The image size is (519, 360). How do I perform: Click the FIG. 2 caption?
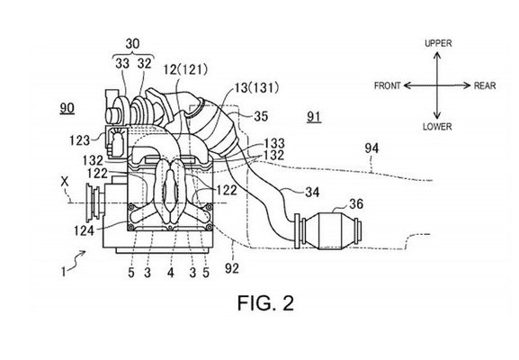pos(265,302)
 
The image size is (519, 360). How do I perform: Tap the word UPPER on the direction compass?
pos(438,43)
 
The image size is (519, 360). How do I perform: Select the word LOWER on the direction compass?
pos(437,127)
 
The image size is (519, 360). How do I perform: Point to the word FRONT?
pos(388,85)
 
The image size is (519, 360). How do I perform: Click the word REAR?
pos(485,85)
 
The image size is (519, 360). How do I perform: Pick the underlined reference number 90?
pos(67,108)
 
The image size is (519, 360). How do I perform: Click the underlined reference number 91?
pos(314,117)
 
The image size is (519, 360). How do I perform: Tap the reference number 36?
pos(356,203)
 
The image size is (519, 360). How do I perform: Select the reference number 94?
pos(371,148)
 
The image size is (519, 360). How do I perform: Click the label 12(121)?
pos(185,69)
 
